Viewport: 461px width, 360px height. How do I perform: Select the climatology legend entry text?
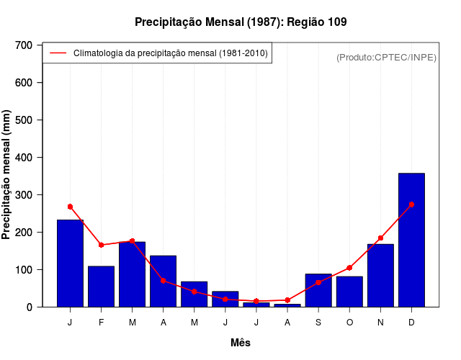tap(171, 53)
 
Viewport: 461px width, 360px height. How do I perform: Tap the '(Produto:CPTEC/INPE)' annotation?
tap(386, 57)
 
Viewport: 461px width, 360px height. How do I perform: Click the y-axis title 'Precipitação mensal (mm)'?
tap(7, 175)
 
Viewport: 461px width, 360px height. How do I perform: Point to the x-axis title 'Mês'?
tap(241, 343)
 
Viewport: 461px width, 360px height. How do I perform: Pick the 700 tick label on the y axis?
tap(24, 45)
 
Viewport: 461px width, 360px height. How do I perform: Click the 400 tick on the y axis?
tap(24, 158)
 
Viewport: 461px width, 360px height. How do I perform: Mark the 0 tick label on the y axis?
tap(30, 307)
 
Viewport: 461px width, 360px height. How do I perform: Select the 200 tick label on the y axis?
tap(24, 233)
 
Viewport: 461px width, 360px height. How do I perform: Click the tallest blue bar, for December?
tap(411, 240)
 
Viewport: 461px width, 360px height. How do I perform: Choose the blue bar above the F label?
tap(101, 287)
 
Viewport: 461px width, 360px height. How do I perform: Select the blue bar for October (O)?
tap(349, 292)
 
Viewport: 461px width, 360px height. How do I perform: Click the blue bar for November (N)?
tap(380, 276)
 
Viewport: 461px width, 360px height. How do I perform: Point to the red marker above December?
tap(411, 204)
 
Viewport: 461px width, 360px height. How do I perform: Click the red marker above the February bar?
tap(101, 245)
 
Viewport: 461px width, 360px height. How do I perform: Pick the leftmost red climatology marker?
tap(70, 207)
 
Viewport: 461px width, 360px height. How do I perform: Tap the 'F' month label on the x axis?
tap(101, 322)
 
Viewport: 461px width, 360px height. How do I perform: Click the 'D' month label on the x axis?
tap(411, 322)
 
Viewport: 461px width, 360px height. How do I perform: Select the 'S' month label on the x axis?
tap(318, 322)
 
